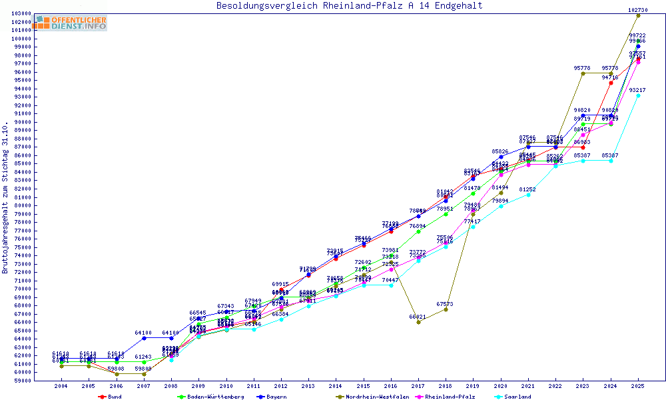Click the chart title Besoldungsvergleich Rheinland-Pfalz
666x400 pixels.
coord(349,6)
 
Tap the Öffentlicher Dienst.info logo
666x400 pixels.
coord(71,23)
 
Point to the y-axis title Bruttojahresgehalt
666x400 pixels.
coord(6,198)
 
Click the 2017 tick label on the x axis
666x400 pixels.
coord(418,386)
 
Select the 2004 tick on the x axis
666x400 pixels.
coord(61,386)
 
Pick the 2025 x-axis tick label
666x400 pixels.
coord(638,386)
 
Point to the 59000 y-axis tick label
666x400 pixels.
coord(21,381)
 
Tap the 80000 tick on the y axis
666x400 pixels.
coord(21,205)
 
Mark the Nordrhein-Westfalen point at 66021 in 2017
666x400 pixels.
coord(418,322)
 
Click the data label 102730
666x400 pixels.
coord(638,10)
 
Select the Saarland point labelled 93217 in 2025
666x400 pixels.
coord(638,95)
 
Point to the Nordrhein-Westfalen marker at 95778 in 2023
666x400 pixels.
coord(583,73)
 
